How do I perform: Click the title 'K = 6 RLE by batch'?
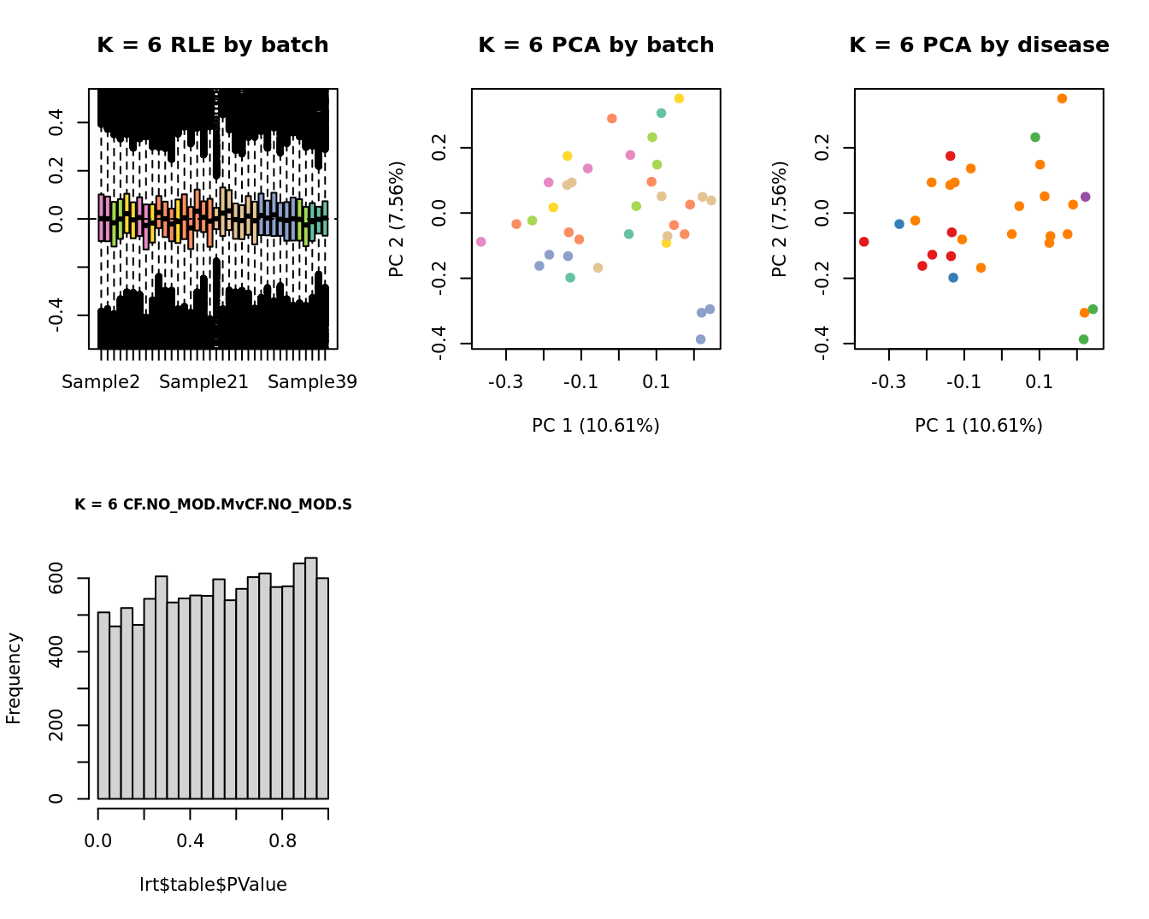tap(213, 45)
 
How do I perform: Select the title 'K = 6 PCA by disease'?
tap(979, 45)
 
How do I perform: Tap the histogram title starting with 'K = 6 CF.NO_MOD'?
tap(213, 504)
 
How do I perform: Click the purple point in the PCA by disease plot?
tap(1085, 197)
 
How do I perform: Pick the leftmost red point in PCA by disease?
tap(863, 242)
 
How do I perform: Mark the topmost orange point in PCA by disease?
tap(1062, 98)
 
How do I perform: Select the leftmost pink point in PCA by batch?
tap(480, 242)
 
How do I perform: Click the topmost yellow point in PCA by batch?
tap(679, 98)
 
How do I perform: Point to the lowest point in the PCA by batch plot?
tap(700, 339)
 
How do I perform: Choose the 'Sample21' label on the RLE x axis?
tap(203, 382)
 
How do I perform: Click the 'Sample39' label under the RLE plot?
tap(312, 382)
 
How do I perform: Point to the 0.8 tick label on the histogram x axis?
tap(283, 840)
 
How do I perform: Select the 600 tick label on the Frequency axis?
tap(56, 578)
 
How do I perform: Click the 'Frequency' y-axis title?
tap(14, 678)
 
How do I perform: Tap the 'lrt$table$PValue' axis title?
tap(213, 885)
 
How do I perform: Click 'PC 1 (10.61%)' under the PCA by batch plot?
tap(596, 426)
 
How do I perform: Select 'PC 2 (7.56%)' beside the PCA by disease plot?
tap(779, 219)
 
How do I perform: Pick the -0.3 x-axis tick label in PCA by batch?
tap(505, 382)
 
